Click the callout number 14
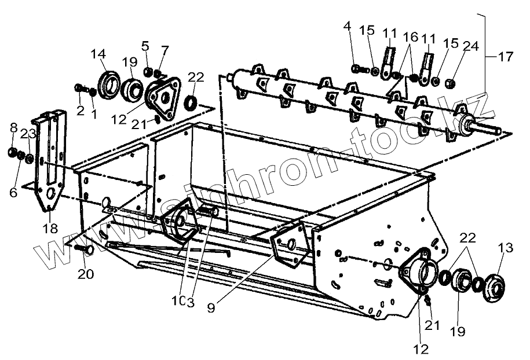(98, 54)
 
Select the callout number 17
(505, 57)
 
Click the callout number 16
(410, 36)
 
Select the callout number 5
(145, 45)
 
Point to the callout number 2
(81, 110)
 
